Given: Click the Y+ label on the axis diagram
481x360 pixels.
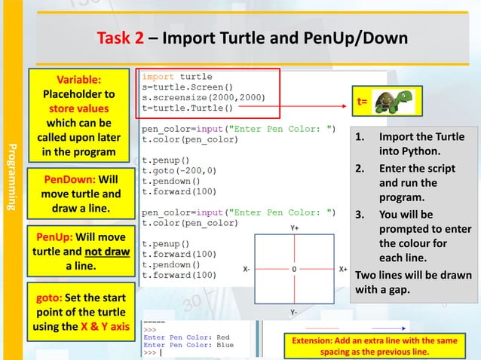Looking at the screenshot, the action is [x=294, y=227].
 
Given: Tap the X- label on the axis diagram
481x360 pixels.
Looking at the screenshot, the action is [x=247, y=269].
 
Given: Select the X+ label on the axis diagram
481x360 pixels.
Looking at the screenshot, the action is [x=343, y=269].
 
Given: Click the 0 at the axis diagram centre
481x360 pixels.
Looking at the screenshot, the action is [x=294, y=269].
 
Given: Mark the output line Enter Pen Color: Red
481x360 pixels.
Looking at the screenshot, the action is [x=186, y=337].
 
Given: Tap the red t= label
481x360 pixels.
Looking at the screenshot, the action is [x=363, y=102].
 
